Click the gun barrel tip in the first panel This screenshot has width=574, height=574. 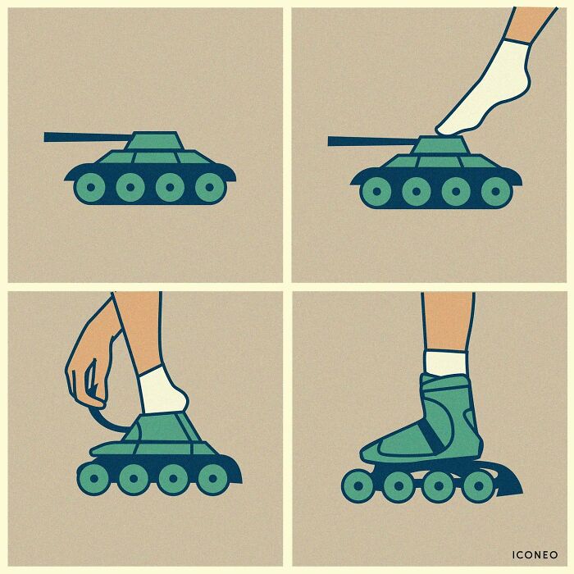click(48, 137)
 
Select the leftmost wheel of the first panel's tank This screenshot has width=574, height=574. click(90, 188)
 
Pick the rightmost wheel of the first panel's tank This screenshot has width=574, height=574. click(210, 188)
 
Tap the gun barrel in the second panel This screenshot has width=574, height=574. click(369, 141)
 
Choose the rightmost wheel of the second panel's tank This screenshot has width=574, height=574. click(495, 192)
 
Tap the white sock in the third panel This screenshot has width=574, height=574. click(162, 392)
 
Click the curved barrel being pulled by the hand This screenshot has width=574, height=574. click(109, 418)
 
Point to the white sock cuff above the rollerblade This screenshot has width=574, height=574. click(445, 362)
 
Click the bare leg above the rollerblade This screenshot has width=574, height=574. click(448, 320)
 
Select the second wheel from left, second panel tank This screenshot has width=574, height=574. click(416, 192)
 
